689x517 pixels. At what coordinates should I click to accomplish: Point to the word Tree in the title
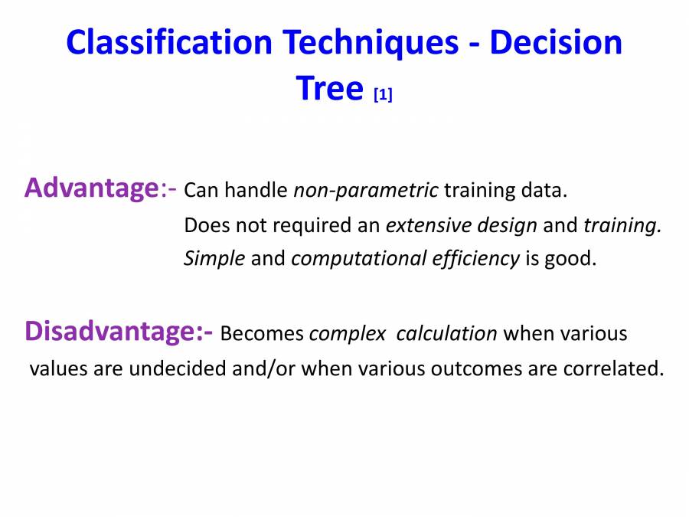328,89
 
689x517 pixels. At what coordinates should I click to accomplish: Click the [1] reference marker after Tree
383,95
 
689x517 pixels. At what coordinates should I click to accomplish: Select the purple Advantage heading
90,188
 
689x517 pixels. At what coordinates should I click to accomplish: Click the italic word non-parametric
366,190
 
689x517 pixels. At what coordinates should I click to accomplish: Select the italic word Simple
214,259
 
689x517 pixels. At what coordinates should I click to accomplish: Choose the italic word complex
347,335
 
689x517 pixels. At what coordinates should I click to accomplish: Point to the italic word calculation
447,335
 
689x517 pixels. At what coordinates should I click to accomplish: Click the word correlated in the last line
612,369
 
